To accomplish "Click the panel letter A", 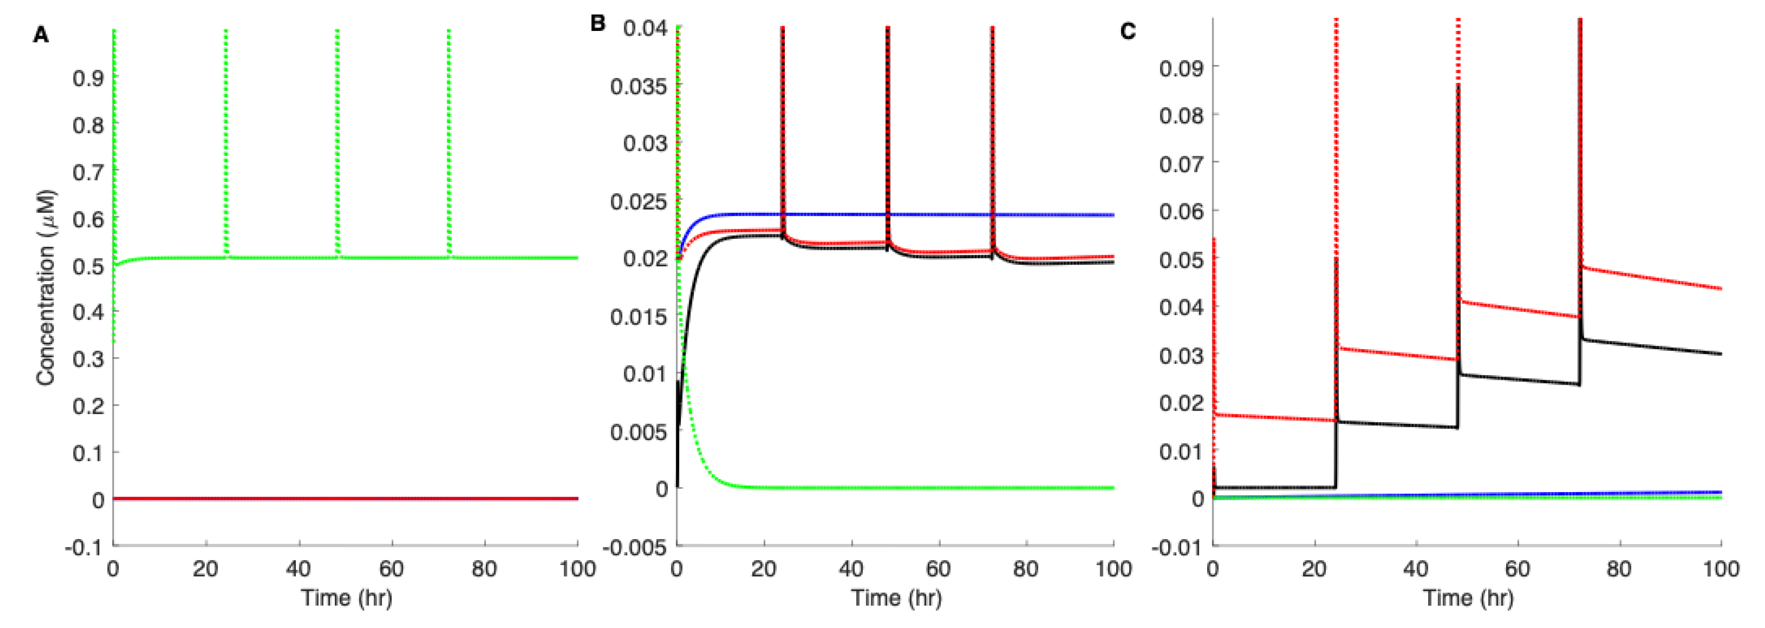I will click(x=41, y=35).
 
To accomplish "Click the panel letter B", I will click(x=597, y=24).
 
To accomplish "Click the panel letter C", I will click(x=1127, y=31).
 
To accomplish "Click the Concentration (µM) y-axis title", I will click(x=46, y=288).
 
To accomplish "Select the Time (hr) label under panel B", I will click(x=896, y=598).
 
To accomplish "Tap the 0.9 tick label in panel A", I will click(x=87, y=78).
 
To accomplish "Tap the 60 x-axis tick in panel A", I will click(x=392, y=569).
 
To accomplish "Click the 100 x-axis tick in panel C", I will click(x=1721, y=569).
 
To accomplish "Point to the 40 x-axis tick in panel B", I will click(x=852, y=569).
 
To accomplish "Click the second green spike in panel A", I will click(x=226, y=137).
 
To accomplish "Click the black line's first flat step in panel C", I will click(x=1275, y=488).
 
